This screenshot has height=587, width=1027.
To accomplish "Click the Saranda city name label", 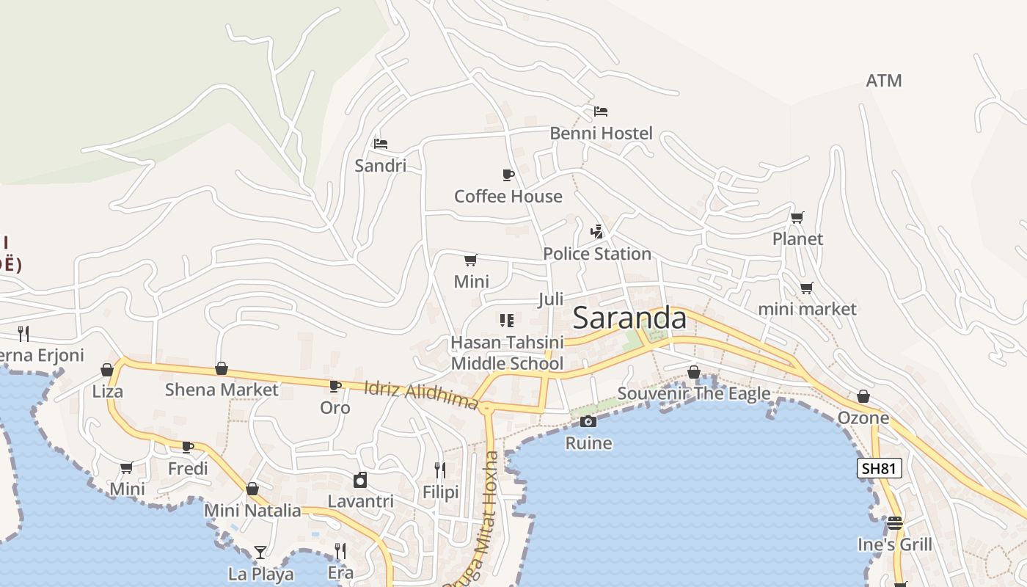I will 629,318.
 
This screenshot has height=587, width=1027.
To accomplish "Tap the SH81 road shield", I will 879,468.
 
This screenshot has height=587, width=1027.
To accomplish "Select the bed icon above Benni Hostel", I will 601,112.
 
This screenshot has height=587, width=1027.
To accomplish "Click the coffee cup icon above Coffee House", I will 508,175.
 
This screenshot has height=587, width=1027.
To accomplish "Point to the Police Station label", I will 596,254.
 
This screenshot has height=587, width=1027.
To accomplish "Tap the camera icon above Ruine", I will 588,421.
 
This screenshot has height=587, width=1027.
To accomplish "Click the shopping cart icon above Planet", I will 797,217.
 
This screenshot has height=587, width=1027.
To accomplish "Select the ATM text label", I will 883,81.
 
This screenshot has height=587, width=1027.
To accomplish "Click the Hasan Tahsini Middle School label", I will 507,353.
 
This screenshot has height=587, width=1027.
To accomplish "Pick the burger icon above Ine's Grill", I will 894,523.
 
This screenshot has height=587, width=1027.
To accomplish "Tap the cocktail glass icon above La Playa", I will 260,552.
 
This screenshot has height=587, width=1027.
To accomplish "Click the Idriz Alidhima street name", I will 421,394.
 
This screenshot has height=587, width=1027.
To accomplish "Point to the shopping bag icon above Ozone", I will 863,396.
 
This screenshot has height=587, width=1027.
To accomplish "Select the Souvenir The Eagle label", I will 693,393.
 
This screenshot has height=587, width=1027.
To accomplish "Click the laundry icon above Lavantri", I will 360,480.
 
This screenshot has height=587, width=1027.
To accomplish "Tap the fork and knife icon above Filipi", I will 439,470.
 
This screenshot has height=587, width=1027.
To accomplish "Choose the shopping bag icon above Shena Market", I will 221,368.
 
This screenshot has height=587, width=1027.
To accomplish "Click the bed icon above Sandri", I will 380,144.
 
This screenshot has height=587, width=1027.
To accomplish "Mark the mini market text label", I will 807,309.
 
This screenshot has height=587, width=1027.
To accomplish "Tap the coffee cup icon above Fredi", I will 188,447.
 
